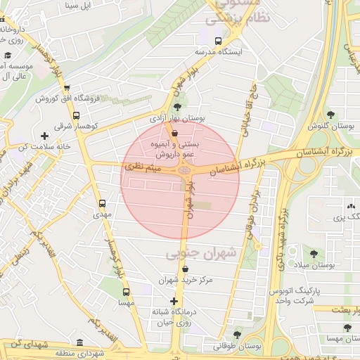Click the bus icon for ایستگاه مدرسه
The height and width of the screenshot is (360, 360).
[x=217, y=41]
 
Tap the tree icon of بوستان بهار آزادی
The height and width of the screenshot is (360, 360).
[x=176, y=108]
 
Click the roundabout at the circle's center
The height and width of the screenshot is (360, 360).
[x=185, y=169]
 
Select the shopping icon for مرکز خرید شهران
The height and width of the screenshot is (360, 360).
[x=185, y=269]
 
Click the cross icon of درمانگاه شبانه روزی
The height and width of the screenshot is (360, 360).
[x=174, y=301]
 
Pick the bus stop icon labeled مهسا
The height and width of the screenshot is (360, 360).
[x=126, y=291]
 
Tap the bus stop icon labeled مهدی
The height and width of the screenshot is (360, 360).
[x=103, y=202]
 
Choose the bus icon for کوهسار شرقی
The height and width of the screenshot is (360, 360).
[x=76, y=115]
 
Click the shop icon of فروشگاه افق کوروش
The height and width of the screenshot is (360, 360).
[x=67, y=88]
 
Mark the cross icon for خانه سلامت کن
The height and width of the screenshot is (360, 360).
[x=44, y=135]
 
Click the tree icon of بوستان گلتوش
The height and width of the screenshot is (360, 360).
[x=330, y=114]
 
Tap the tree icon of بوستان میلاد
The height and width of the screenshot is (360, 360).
[x=313, y=254]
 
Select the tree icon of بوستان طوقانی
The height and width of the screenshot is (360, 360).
[x=236, y=335]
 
